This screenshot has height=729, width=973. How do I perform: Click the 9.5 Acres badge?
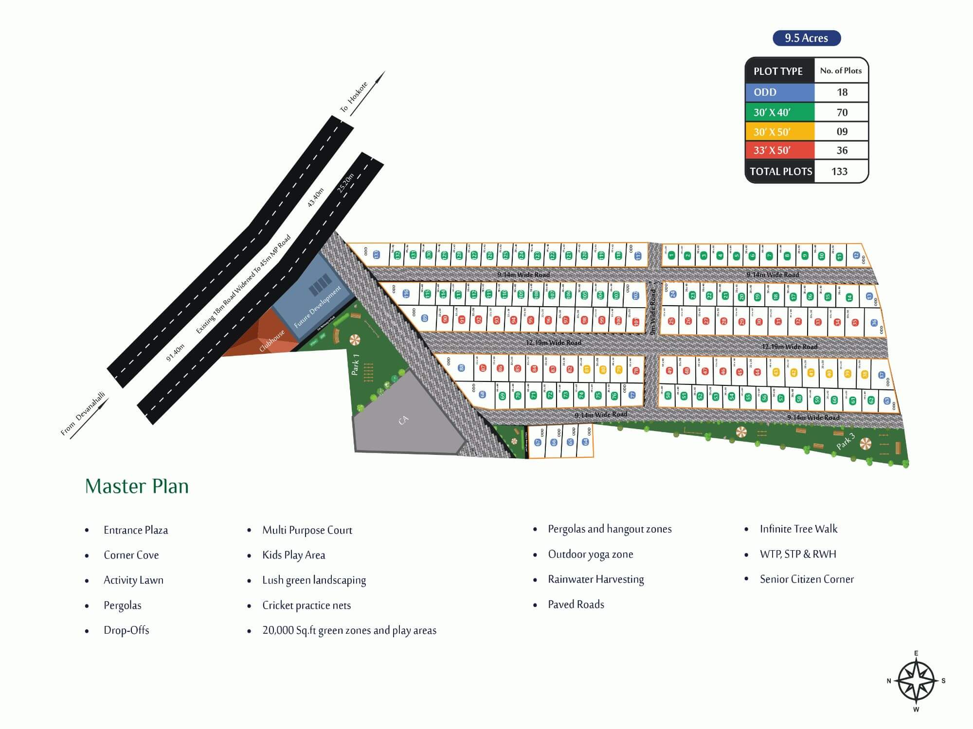[807, 38]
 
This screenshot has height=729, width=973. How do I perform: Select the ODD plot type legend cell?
[780, 92]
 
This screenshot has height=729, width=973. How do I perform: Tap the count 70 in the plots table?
[842, 112]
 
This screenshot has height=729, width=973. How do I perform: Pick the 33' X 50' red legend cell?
[780, 150]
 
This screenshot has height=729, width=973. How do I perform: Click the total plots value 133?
[839, 171]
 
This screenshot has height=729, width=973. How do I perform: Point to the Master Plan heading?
[137, 486]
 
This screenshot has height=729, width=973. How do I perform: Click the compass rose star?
[916, 681]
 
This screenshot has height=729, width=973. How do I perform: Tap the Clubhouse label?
[271, 341]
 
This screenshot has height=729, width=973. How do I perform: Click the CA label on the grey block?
[403, 420]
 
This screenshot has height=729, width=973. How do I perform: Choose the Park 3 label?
[846, 441]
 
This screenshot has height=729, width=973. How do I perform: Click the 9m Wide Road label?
[653, 311]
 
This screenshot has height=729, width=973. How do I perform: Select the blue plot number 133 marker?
[376, 254]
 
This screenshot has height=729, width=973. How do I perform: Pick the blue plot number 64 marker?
[585, 442]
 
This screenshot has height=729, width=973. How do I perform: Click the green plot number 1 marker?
[671, 255]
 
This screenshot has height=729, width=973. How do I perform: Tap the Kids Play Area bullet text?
[293, 555]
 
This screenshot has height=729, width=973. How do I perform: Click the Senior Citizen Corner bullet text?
[807, 579]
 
